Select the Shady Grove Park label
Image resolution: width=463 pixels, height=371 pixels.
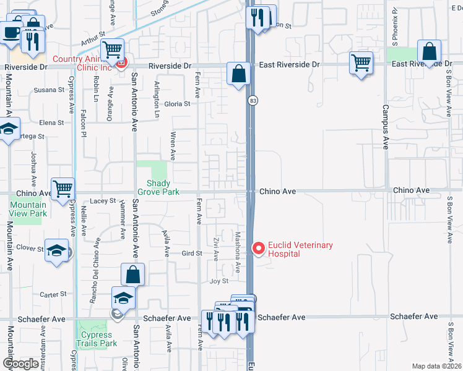(x=162, y=187)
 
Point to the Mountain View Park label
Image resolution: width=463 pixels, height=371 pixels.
(x=28, y=209)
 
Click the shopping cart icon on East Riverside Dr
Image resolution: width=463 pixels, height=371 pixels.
(x=361, y=62)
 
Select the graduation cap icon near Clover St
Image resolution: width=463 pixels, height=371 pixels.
(x=57, y=250)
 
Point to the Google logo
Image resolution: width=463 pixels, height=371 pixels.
(x=20, y=364)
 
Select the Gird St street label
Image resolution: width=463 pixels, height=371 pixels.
(x=192, y=254)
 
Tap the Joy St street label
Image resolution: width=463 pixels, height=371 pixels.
(x=219, y=281)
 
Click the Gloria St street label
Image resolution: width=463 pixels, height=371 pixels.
(x=178, y=104)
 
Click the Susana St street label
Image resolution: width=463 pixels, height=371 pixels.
(x=49, y=90)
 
